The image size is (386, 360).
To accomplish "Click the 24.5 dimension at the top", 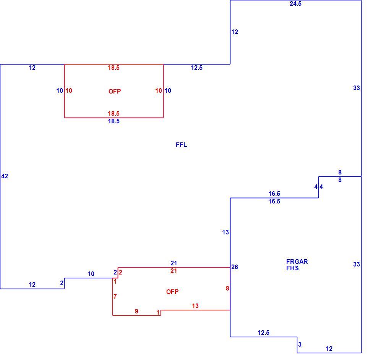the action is pyautogui.click(x=295, y=4).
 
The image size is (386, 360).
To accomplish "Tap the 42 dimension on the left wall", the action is pyautogui.click(x=5, y=176).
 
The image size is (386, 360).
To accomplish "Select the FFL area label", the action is pyautogui.click(x=182, y=145).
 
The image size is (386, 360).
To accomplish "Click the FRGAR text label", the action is pyautogui.click(x=297, y=262).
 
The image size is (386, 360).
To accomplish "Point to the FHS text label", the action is pyautogui.click(x=292, y=268).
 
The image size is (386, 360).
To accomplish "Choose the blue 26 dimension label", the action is pyautogui.click(x=235, y=267).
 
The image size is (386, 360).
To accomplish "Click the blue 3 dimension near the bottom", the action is pyautogui.click(x=300, y=344).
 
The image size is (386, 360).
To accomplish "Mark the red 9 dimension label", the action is pyautogui.click(x=136, y=311).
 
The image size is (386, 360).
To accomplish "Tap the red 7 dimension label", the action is pyautogui.click(x=115, y=297).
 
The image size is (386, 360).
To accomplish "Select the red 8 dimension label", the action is pyautogui.click(x=227, y=289).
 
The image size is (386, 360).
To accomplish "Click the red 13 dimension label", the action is pyautogui.click(x=195, y=306).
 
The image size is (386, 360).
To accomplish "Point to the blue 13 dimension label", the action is pyautogui.click(x=225, y=232).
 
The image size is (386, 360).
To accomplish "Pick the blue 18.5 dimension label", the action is pyautogui.click(x=114, y=121).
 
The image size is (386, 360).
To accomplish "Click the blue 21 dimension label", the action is pyautogui.click(x=174, y=263).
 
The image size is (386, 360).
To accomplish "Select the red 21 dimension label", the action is pyautogui.click(x=174, y=271).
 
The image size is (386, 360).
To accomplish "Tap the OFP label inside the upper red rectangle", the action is pyautogui.click(x=115, y=92).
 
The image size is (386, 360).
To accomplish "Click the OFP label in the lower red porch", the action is pyautogui.click(x=172, y=292).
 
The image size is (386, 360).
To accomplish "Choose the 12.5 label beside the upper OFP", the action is pyautogui.click(x=197, y=68).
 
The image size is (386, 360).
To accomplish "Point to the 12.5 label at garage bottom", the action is pyautogui.click(x=264, y=333).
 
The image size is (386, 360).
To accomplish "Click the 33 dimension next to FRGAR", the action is pyautogui.click(x=357, y=264).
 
